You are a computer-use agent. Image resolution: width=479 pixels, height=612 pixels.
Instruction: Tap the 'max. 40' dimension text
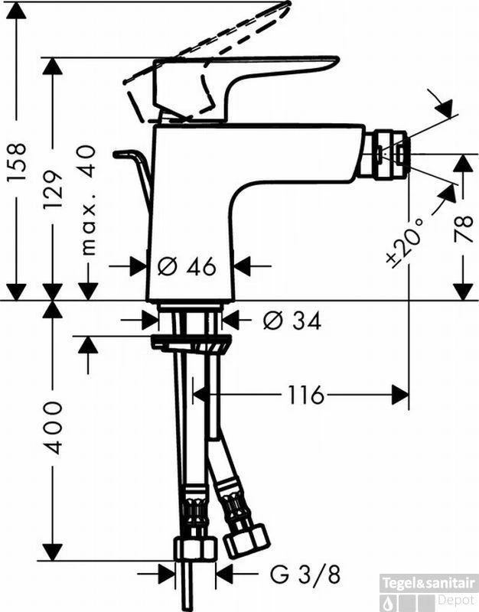(x=90, y=198)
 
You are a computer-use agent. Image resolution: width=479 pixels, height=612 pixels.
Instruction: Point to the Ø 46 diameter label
(x=187, y=266)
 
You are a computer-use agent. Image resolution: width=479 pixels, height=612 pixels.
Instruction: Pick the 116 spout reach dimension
(x=306, y=395)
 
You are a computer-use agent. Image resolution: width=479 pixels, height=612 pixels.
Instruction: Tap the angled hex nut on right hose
(x=246, y=541)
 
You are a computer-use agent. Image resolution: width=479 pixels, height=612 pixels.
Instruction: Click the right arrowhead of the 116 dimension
(x=400, y=395)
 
